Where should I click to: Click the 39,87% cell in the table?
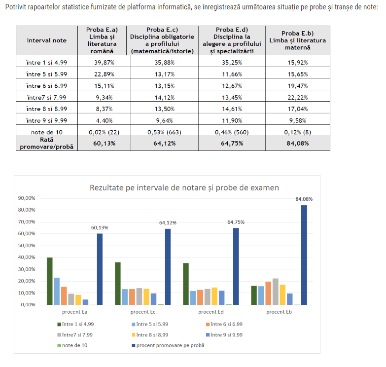[x=102, y=63]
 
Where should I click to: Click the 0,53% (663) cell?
[x=163, y=132]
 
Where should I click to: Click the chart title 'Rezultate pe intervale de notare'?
[x=184, y=187]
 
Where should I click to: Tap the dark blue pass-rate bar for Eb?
[x=304, y=255]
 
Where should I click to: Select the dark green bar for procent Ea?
[x=50, y=281]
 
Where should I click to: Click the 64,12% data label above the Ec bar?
[x=168, y=222]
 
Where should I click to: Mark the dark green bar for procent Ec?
[x=118, y=283]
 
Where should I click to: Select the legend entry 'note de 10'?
[x=74, y=345]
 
